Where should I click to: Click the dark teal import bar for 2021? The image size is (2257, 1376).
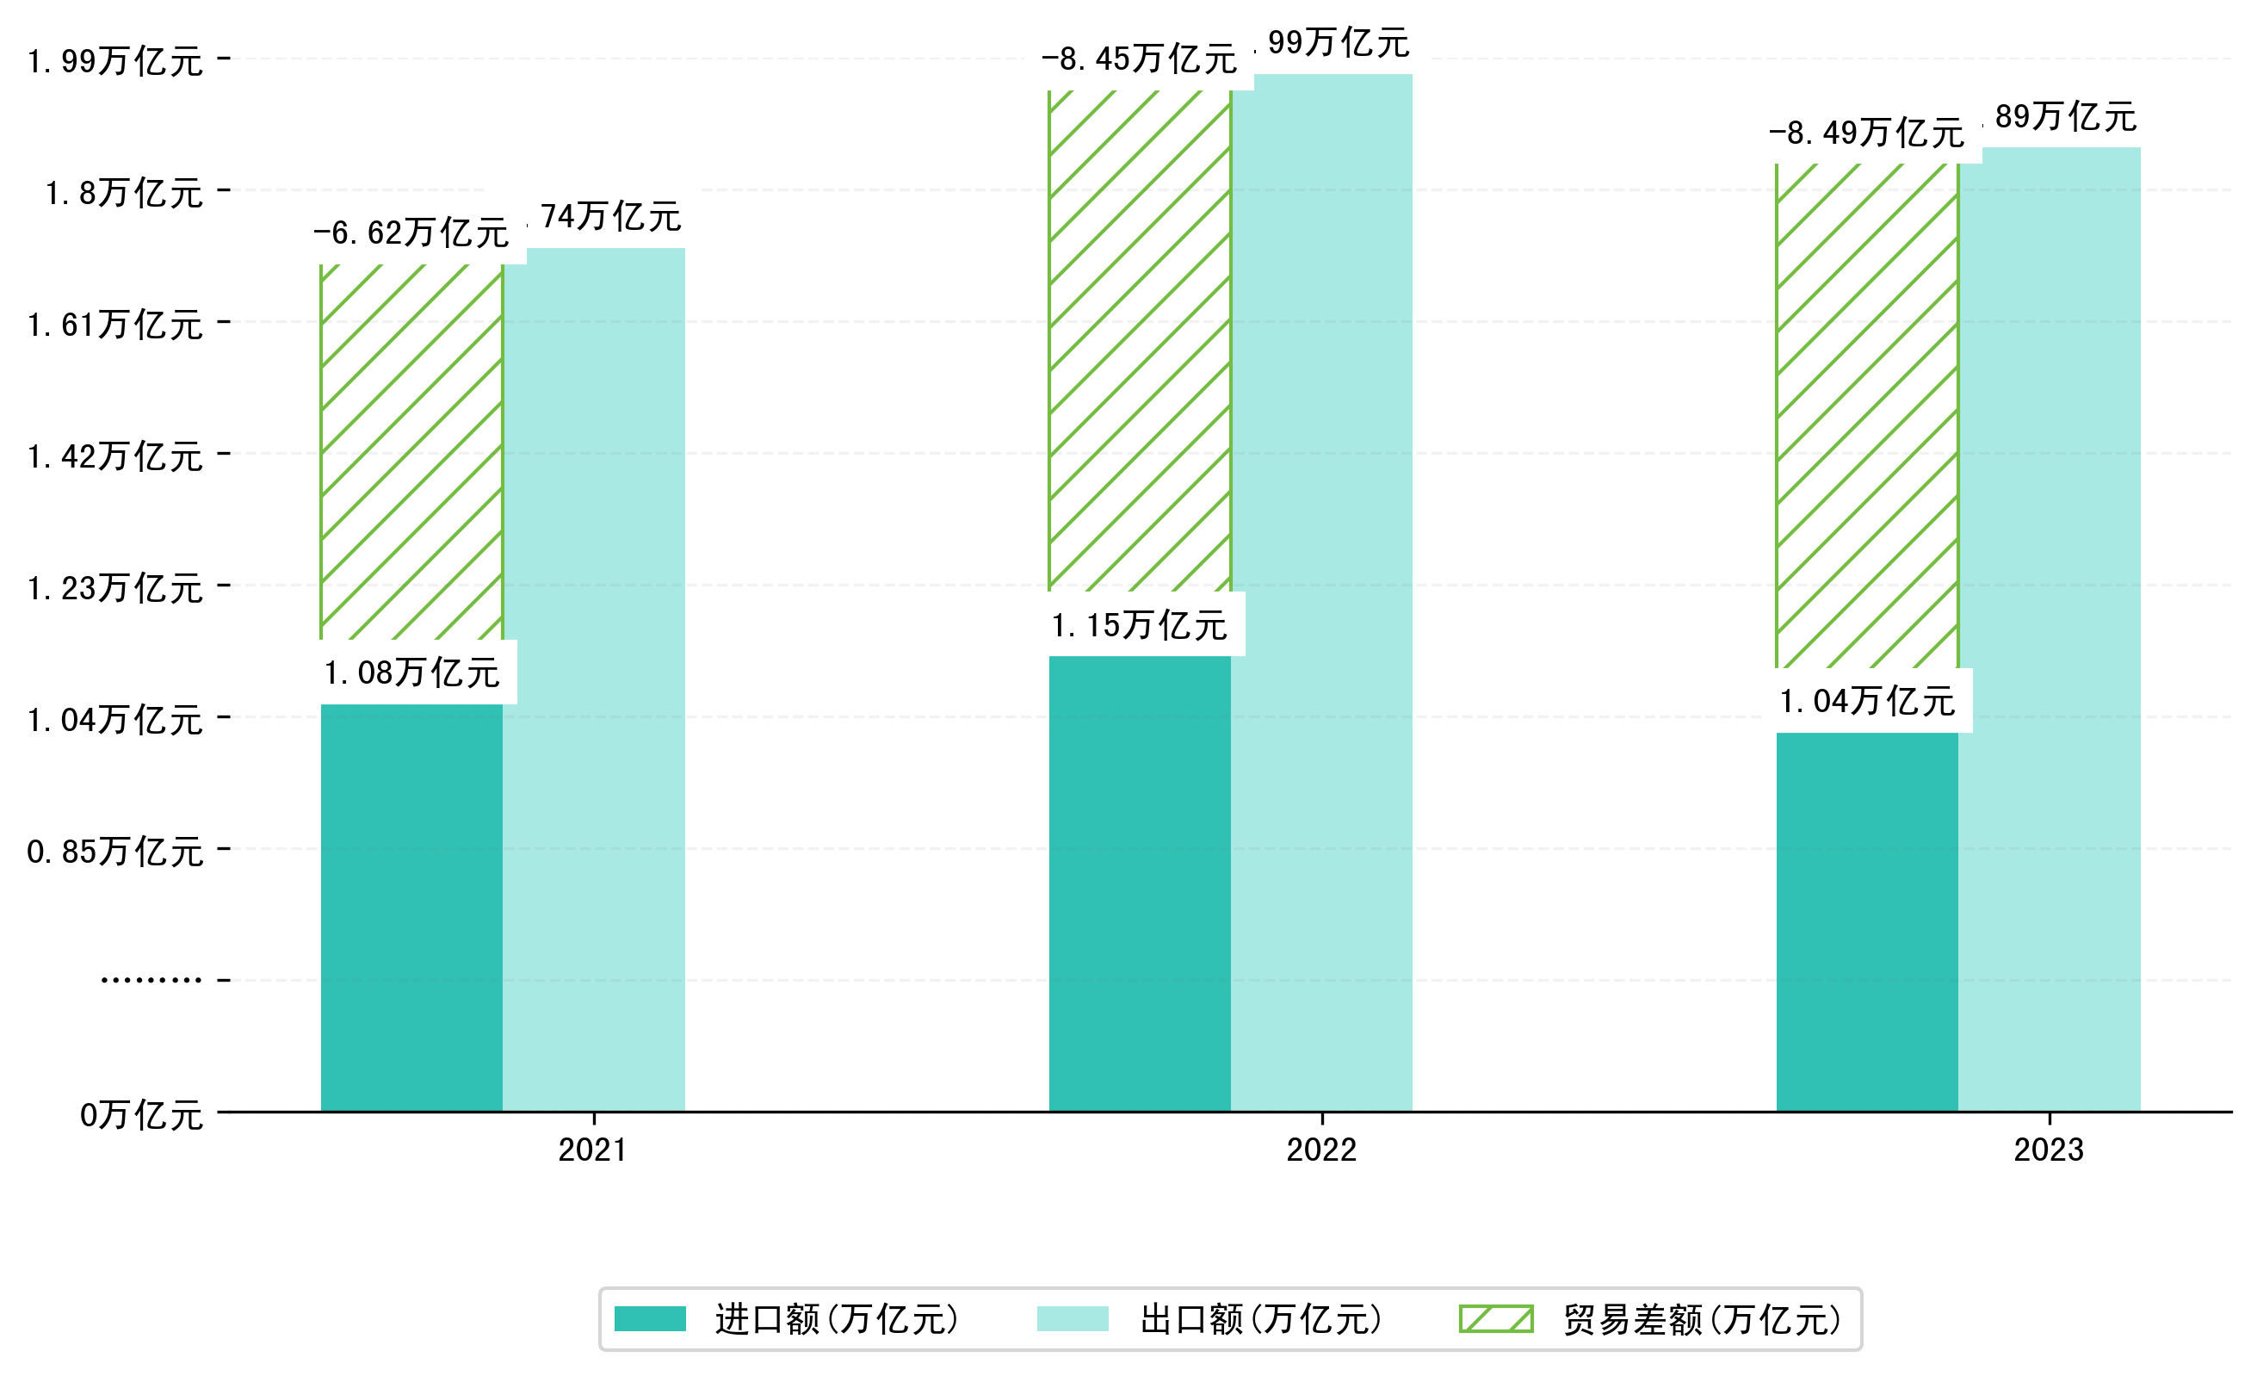pos(411,907)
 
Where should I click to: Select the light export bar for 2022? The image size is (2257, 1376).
pos(1322,596)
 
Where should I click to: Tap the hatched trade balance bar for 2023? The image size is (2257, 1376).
pos(1867,412)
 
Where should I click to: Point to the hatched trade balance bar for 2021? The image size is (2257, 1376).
pos(411,449)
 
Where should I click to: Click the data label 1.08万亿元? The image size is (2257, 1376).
pos(411,673)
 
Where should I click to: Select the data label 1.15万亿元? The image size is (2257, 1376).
pos(1139,626)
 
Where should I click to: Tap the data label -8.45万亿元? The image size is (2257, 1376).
pos(1139,59)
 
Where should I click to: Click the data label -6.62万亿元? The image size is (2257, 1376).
pos(411,232)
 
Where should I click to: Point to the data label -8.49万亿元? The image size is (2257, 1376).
pos(1866,133)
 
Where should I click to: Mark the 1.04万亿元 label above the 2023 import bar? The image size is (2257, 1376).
pos(1867,702)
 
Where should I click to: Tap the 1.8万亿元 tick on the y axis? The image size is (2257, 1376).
pos(124,193)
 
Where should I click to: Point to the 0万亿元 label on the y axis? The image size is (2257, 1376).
pos(141,1115)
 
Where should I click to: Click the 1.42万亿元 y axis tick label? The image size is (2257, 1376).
pos(114,456)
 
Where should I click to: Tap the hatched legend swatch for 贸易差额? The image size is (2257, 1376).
pos(1496,1319)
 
